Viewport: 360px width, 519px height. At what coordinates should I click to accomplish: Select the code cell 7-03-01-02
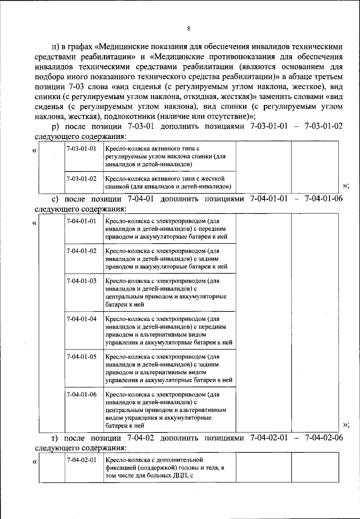point(81,178)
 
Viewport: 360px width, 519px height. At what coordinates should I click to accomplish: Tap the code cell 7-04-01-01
point(81,221)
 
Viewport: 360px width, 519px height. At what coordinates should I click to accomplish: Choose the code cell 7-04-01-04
point(81,319)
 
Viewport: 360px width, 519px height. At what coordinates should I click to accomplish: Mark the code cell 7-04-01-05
point(81,357)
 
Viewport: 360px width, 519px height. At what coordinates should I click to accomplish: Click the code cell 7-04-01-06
point(81,395)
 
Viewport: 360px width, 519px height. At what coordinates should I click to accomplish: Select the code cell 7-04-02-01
point(81,460)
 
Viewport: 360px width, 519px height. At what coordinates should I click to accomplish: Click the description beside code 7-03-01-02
point(169,182)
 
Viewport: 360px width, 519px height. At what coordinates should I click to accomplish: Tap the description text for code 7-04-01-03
point(165,292)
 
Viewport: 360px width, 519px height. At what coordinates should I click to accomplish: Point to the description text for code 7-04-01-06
point(165,410)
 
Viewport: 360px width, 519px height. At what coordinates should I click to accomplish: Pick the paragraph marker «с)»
point(55,199)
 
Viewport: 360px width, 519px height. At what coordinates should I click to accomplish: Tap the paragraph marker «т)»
point(55,437)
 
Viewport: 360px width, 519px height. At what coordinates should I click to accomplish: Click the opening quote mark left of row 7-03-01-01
point(35,150)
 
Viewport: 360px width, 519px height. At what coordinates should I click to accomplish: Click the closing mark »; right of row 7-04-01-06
point(345,425)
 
